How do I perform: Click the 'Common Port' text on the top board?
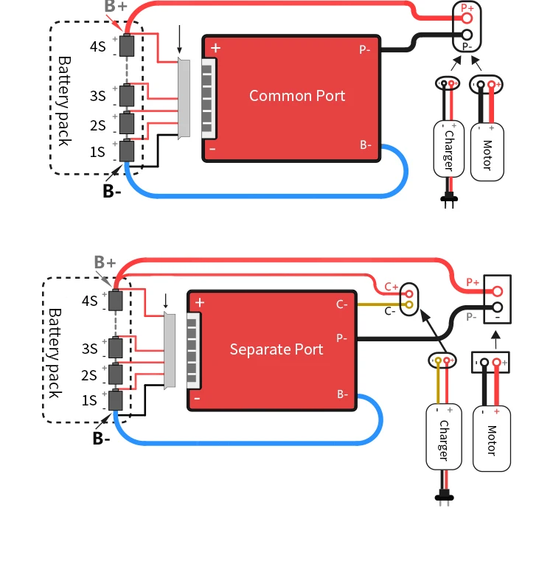tap(297, 95)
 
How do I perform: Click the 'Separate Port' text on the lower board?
tap(276, 349)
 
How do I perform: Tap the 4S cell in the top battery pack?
tap(128, 46)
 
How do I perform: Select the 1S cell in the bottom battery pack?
tap(115, 400)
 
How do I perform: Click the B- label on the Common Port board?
tap(366, 144)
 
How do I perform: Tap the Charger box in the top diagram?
tap(448, 148)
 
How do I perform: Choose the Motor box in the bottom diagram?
tap(491, 438)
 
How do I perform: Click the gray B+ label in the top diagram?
tap(116, 7)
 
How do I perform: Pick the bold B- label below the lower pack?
tap(102, 439)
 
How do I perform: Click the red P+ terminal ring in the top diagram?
tap(467, 17)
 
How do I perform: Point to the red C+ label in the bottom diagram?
tap(392, 287)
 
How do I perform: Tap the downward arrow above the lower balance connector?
tap(166, 301)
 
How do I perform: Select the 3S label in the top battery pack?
tap(97, 96)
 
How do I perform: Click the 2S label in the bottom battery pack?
tap(89, 376)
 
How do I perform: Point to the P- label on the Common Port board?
tap(365, 49)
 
